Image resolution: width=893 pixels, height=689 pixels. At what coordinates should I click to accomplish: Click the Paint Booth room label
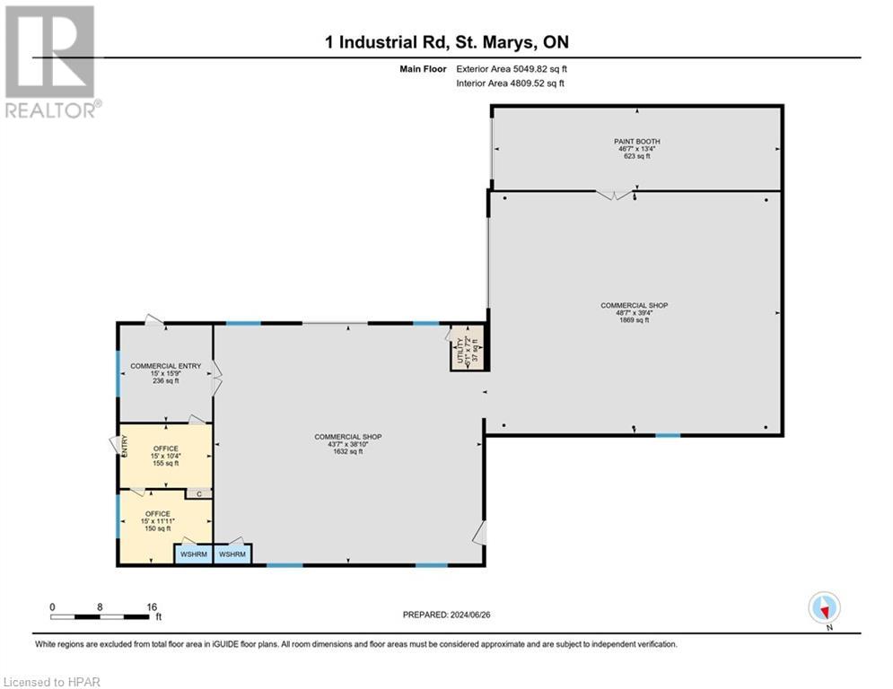click(x=636, y=141)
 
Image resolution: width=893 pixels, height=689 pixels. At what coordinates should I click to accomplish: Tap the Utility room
click(x=468, y=348)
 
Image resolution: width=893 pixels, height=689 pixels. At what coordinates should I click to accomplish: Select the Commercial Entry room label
click(x=166, y=365)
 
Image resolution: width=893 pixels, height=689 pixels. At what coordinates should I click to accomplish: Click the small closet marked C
click(x=199, y=493)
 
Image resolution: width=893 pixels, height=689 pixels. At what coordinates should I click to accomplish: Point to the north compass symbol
click(x=824, y=608)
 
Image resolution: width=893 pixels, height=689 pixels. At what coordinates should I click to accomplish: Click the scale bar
click(x=100, y=616)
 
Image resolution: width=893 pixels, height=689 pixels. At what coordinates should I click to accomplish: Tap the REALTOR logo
click(x=51, y=62)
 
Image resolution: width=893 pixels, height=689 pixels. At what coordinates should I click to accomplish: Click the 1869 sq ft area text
click(x=634, y=320)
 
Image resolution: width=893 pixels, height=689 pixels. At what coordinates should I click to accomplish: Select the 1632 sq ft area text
click(x=348, y=451)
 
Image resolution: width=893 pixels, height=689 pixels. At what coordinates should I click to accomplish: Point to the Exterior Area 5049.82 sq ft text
click(x=512, y=69)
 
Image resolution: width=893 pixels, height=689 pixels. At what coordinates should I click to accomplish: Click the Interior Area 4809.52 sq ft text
click(x=511, y=83)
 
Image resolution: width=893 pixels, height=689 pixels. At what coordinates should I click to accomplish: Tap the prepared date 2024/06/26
click(x=470, y=615)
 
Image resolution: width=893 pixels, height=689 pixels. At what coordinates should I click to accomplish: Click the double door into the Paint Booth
click(x=615, y=195)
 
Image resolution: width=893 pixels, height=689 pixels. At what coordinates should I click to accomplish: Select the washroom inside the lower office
click(x=194, y=554)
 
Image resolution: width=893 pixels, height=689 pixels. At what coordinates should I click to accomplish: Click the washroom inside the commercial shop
click(x=232, y=554)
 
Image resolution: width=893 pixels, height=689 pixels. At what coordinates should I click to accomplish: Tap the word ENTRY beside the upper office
click(x=125, y=445)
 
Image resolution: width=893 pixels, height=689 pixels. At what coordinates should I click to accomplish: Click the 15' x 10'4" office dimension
click(x=166, y=456)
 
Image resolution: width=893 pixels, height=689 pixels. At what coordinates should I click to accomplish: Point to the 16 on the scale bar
click(x=152, y=607)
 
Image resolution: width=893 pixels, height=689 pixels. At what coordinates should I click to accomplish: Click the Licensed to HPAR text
click(x=52, y=682)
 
